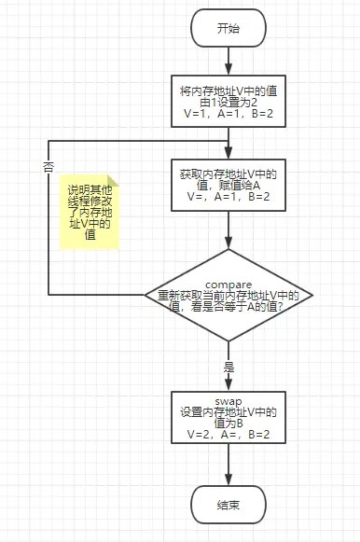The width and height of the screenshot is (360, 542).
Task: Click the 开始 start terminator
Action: coord(228,28)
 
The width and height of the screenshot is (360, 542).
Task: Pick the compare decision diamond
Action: coord(228,294)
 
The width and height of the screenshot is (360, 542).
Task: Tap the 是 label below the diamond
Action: coord(228,368)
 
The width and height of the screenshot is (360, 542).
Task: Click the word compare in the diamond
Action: coord(228,283)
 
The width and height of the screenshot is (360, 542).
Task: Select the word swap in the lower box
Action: coord(228,401)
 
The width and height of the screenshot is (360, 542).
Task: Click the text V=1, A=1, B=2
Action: coord(228,118)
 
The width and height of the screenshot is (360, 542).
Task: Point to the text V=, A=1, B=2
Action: coord(228,197)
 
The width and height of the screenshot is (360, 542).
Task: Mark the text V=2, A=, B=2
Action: coord(228,435)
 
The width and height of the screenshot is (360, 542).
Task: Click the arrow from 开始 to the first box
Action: coord(228,61)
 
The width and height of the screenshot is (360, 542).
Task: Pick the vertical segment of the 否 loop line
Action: coord(48,224)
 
